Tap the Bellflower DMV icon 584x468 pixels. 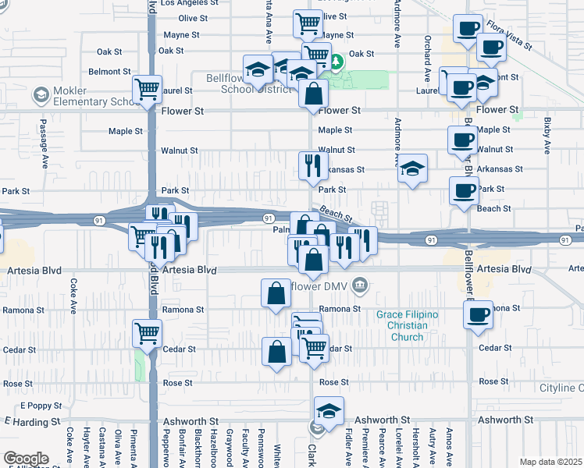coord(360,284)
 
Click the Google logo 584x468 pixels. coord(25,459)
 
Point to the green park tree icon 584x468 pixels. coord(337,61)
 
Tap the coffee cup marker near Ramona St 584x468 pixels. coord(478,315)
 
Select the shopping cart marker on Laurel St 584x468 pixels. coord(147,89)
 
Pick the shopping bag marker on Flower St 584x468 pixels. coord(313,94)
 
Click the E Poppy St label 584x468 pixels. coord(35,406)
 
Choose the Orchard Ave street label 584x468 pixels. coord(428,58)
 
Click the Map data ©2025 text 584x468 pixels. coord(550,462)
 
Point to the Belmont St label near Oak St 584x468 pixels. coord(109,71)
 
